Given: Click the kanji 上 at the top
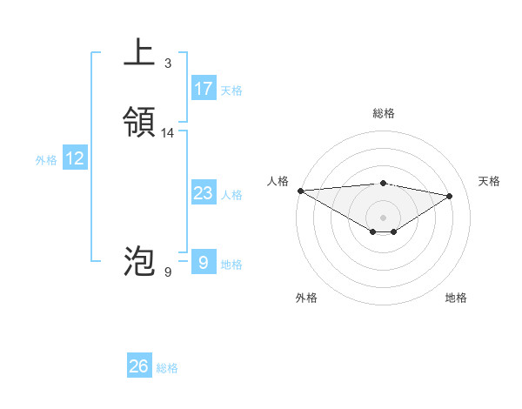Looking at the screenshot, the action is (x=139, y=52).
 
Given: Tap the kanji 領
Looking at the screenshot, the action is (x=139, y=122).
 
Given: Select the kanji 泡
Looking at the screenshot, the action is (x=139, y=261).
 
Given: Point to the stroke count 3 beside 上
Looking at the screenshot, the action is (x=167, y=64).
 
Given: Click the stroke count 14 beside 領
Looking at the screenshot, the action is (x=168, y=133).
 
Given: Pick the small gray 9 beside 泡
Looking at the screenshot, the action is (x=167, y=272).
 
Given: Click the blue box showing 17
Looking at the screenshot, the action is (x=204, y=88).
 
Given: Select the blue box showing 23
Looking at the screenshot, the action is (x=204, y=193).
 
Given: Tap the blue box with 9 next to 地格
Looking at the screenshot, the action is (x=204, y=262).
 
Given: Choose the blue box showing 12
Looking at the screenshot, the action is (x=75, y=158).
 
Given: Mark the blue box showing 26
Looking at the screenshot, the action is (x=139, y=366).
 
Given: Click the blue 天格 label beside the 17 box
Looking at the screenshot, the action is (x=231, y=90).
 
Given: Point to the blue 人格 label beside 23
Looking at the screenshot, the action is (x=231, y=195).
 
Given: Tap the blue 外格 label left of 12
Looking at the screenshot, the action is (x=46, y=160).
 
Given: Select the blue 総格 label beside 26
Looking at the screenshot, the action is (x=167, y=368).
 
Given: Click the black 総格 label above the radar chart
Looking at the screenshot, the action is (x=383, y=113).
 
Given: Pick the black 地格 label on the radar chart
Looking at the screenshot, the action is (x=456, y=298).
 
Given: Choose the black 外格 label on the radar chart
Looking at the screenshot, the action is (x=306, y=298).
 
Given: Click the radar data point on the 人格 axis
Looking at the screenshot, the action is (x=300, y=191).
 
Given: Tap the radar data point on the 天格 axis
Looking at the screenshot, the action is (x=450, y=196).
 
